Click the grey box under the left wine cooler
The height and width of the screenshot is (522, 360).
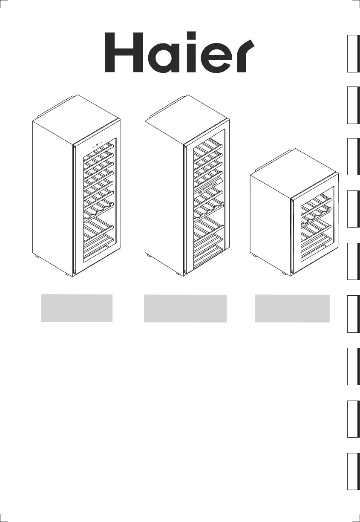pyautogui.click(x=77, y=308)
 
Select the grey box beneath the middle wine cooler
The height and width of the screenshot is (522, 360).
pyautogui.click(x=185, y=308)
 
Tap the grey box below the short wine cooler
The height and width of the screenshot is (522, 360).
pyautogui.click(x=292, y=308)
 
